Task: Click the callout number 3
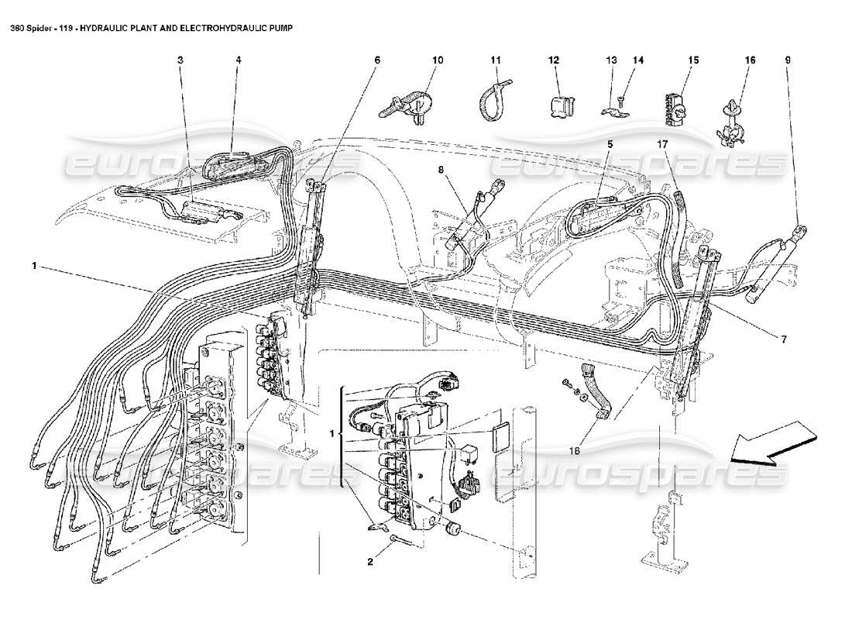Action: coord(180,60)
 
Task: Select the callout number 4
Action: coord(239,60)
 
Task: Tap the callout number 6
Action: coord(376,60)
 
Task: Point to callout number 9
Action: coord(788,60)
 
